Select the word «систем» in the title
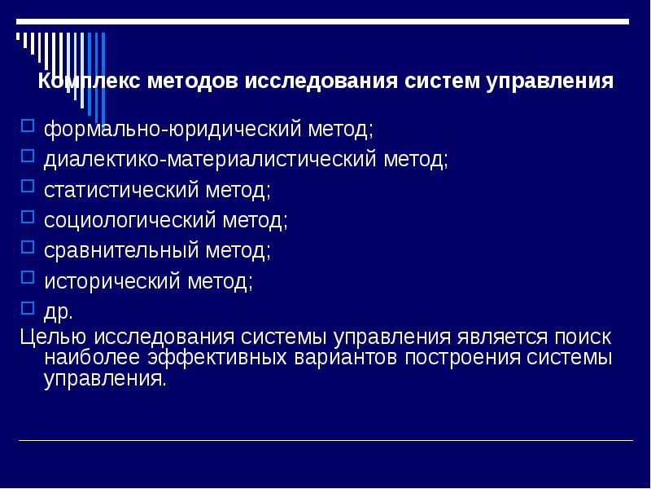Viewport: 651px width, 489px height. [x=440, y=81]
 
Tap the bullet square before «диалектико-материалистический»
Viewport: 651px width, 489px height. [x=27, y=156]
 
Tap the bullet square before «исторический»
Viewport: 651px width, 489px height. [x=27, y=278]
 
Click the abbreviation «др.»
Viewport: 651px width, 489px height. [x=59, y=312]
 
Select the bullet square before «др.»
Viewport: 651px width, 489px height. [x=27, y=308]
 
